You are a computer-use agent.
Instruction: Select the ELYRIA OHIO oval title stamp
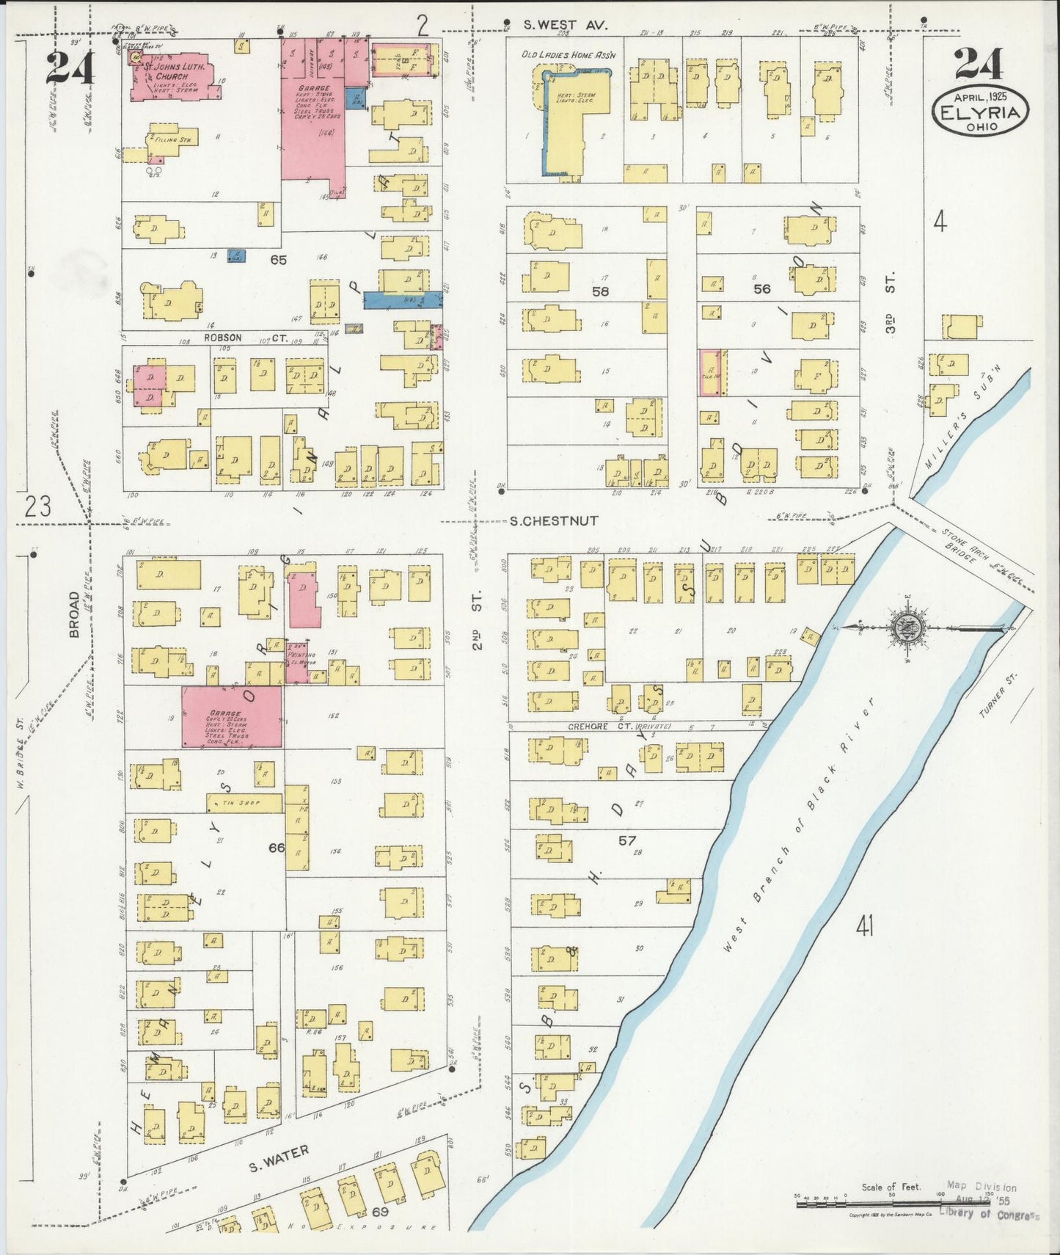[x=980, y=113]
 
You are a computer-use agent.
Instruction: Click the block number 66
[x=277, y=848]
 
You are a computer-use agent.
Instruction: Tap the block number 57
[x=626, y=840]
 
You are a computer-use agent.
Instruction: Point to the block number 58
[x=601, y=291]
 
